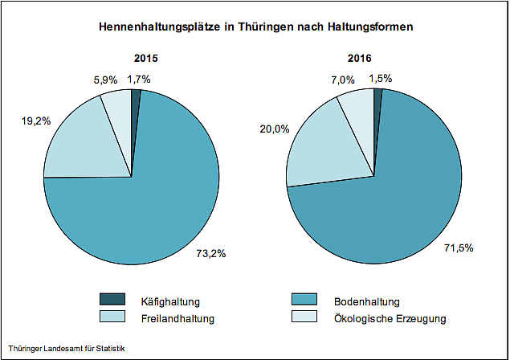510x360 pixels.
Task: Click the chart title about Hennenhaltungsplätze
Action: (x=255, y=27)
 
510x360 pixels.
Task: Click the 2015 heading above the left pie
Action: (x=145, y=59)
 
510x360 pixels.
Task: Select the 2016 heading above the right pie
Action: (x=375, y=59)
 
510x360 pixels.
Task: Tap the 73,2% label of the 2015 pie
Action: (x=211, y=254)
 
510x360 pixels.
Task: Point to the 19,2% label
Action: (x=36, y=121)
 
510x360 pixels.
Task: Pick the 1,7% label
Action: (x=139, y=79)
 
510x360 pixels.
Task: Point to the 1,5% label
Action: (x=382, y=79)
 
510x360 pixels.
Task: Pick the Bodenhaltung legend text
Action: (x=368, y=302)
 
